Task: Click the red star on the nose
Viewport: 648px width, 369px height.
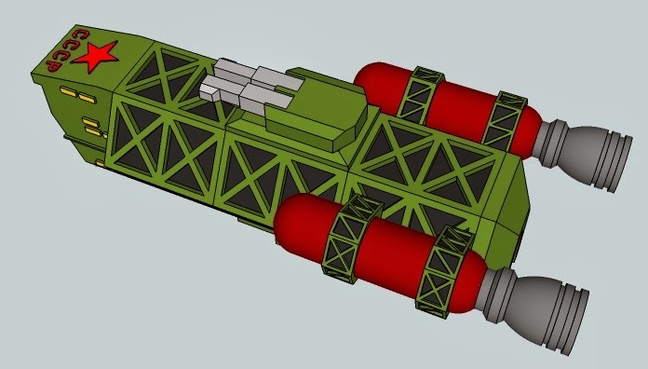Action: pos(96,57)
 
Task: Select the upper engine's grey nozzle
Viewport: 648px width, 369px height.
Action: pos(582,153)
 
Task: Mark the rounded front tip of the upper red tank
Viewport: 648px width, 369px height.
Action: pos(365,76)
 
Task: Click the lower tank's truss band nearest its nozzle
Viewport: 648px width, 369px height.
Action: pos(444,272)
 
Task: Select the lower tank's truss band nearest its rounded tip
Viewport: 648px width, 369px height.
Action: pos(351,239)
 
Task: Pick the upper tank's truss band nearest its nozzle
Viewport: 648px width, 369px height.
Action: pos(505,120)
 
